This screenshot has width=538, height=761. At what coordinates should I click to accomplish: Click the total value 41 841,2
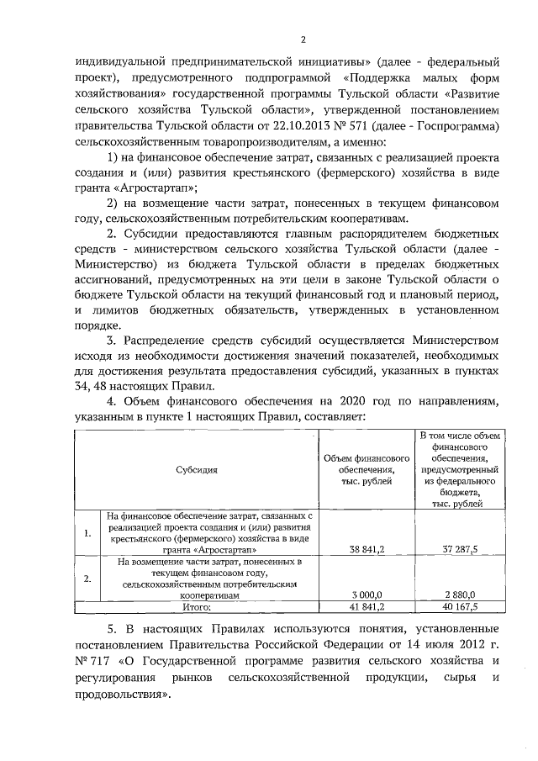point(367,605)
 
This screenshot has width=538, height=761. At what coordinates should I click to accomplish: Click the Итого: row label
point(198,605)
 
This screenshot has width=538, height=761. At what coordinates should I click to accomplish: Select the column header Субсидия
point(198,470)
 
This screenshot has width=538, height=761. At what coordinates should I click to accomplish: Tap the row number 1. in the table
point(87,531)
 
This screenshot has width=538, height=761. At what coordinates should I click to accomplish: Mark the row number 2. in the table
point(87,579)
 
